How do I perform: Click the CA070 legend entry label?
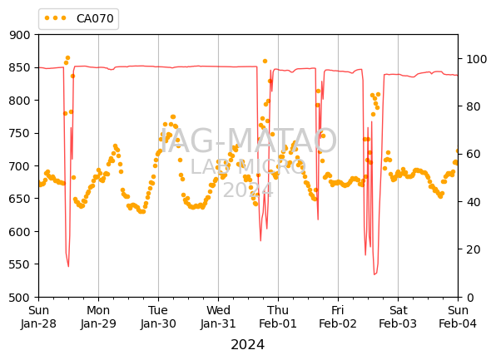click(x=95, y=18)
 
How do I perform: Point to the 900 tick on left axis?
click(x=20, y=35)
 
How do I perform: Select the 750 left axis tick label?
click(x=20, y=133)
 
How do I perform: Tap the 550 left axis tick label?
click(x=20, y=264)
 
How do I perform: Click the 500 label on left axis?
click(x=20, y=298)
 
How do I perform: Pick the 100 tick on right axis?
click(x=477, y=59)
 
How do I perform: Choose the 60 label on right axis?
click(x=474, y=155)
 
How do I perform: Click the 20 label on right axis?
click(x=474, y=249)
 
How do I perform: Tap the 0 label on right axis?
click(x=470, y=298)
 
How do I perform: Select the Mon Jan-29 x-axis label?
click(x=98, y=317)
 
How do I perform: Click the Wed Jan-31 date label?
click(x=218, y=317)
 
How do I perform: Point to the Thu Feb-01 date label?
click(x=278, y=317)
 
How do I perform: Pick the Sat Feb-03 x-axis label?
click(x=398, y=317)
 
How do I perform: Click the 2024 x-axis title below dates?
click(x=248, y=345)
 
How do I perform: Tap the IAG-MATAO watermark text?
click(x=248, y=141)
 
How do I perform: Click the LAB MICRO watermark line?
click(x=248, y=166)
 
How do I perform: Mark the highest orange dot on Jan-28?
click(x=67, y=58)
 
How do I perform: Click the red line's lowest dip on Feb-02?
click(x=374, y=274)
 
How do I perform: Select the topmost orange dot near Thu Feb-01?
click(x=265, y=61)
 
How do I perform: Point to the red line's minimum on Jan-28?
click(x=68, y=267)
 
